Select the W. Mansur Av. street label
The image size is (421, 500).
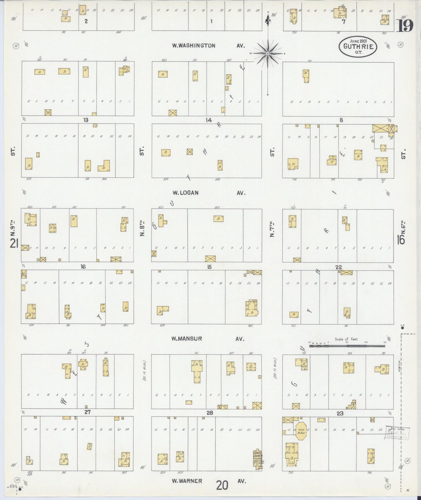[x=207, y=339]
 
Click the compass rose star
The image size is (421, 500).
[x=268, y=53]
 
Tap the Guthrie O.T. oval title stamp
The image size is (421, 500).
[x=358, y=46]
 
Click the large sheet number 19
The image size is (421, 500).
[x=404, y=27]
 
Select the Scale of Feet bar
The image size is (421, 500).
[x=347, y=346]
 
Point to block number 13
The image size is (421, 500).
[x=86, y=120]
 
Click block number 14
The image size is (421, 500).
[x=209, y=120]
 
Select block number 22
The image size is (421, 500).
[x=339, y=267]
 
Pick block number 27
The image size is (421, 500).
[x=87, y=412]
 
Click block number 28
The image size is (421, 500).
[x=209, y=412]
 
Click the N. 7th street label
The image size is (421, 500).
[x=272, y=230]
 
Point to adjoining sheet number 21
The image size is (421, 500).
[x=14, y=243]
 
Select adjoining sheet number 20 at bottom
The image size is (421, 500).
[x=222, y=486]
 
